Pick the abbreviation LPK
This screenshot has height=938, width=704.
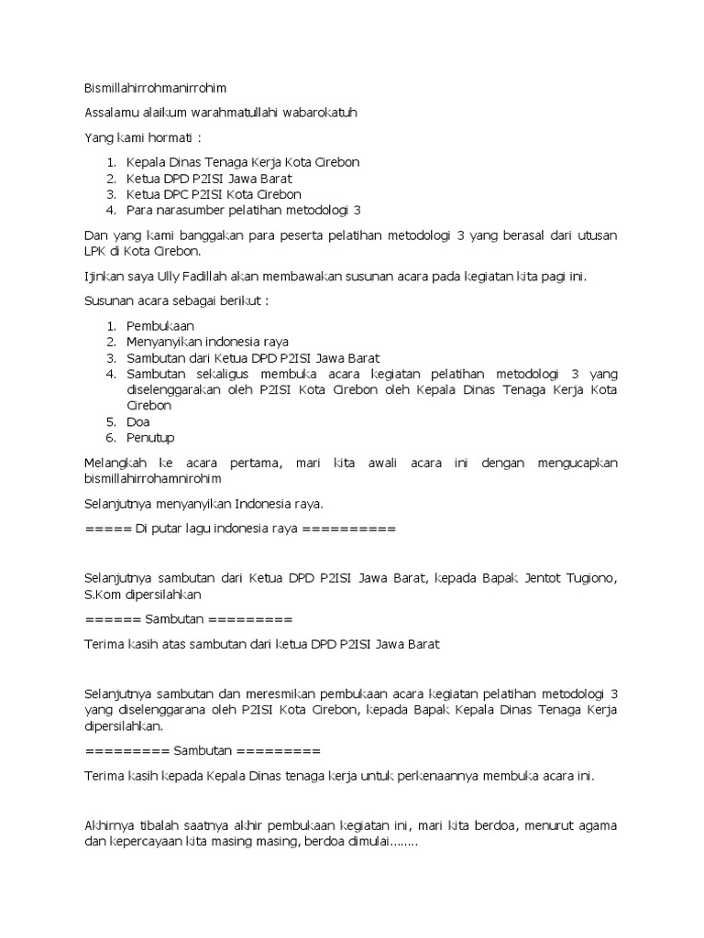pos(95,250)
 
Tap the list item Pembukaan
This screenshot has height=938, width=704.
pos(161,325)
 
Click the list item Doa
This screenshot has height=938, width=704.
pos(138,422)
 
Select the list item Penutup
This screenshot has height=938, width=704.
pos(151,438)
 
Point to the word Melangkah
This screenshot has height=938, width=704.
pos(117,464)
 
